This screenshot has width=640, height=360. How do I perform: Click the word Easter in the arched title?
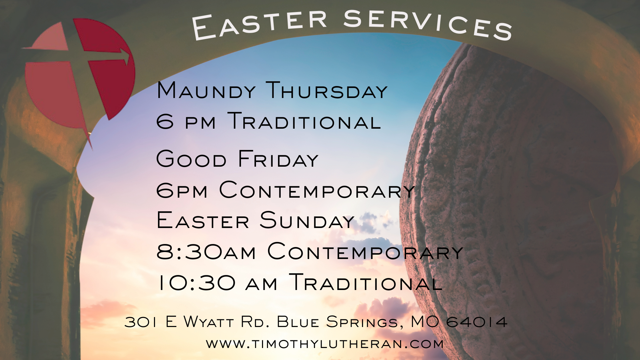[x=259, y=25]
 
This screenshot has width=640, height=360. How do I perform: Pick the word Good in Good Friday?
[x=191, y=159]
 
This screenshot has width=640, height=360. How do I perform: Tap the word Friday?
[x=278, y=159]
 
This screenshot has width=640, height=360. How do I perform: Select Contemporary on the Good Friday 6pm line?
[x=317, y=190]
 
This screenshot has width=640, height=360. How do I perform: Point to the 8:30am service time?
[x=206, y=251]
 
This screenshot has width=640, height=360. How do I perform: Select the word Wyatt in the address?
[x=208, y=322]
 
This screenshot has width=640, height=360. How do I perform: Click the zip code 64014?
[x=477, y=322]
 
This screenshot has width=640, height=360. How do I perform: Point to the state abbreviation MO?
[x=425, y=322]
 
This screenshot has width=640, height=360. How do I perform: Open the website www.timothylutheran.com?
[x=325, y=344]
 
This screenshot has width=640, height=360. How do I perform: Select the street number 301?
[x=140, y=322]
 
